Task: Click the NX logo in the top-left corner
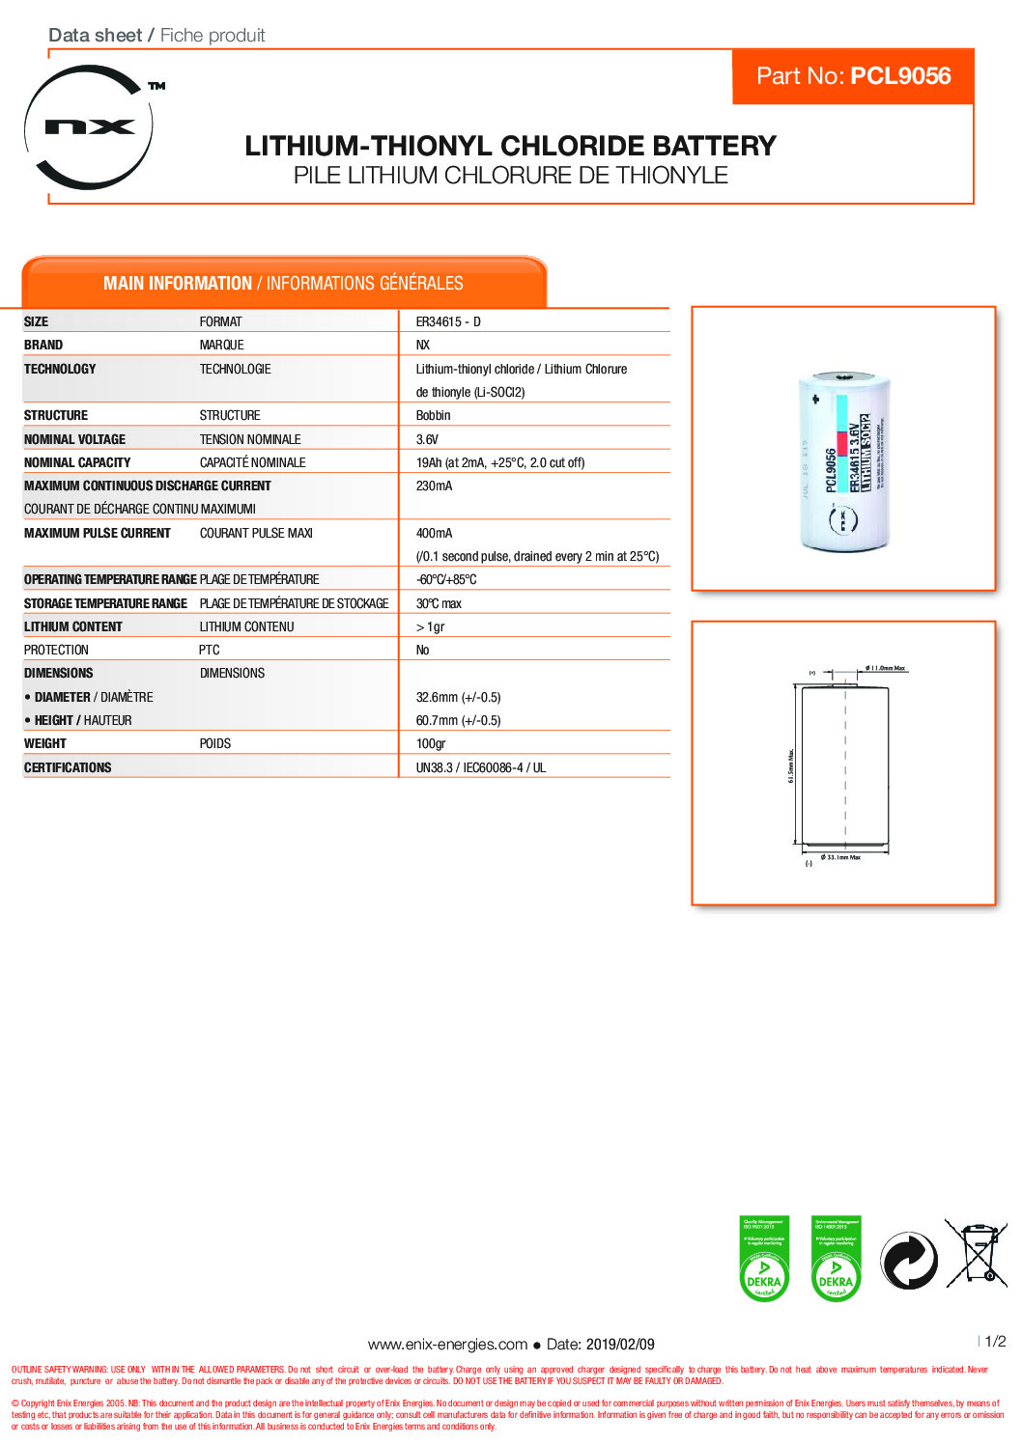click(89, 126)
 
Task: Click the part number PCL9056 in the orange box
click(901, 76)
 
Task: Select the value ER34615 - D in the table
click(448, 321)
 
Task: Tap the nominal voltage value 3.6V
click(427, 439)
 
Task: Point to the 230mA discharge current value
click(434, 486)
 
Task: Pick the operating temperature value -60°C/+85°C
click(446, 579)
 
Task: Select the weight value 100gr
click(431, 743)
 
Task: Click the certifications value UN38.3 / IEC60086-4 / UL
click(481, 767)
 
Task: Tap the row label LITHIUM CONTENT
click(73, 626)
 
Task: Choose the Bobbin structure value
click(434, 415)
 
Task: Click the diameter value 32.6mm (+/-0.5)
click(458, 697)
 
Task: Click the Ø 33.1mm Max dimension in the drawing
click(840, 857)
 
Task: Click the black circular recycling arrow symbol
click(908, 1260)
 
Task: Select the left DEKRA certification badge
click(764, 1259)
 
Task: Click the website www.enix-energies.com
click(447, 1344)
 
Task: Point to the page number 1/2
click(995, 1341)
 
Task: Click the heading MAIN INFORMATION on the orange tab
click(178, 283)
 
